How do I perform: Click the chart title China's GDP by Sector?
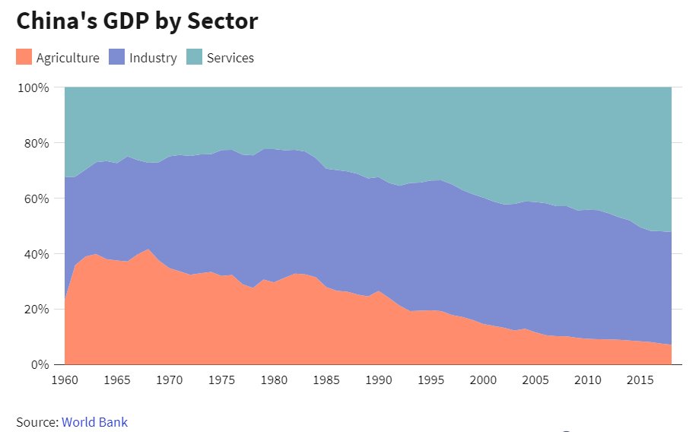pos(137,21)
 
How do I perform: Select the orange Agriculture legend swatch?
pos(24,57)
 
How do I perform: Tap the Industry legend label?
pos(153,58)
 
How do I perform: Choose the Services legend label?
pos(230,58)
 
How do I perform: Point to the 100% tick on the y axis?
pos(33,87)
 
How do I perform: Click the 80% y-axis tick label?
pos(35,143)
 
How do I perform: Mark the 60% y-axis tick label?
pos(35,199)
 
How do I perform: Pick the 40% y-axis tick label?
pos(35,254)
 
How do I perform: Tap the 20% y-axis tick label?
pos(35,310)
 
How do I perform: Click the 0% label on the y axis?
pos(39,364)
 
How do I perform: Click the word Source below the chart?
pos(36,421)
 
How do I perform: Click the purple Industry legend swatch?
pos(117,57)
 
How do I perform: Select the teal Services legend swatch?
pos(195,57)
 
